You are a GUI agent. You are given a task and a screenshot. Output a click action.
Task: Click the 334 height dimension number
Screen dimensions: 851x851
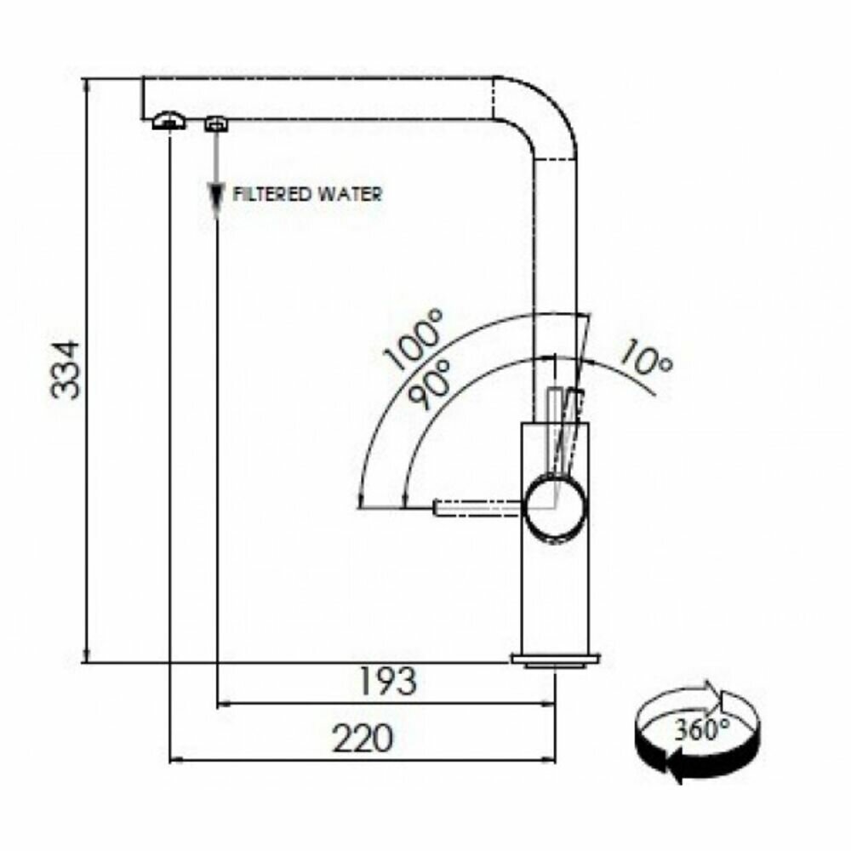tap(66, 369)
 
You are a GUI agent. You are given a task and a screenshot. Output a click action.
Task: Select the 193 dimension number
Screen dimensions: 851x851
tap(389, 681)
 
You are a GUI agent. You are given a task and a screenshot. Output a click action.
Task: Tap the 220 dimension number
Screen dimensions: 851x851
tap(362, 738)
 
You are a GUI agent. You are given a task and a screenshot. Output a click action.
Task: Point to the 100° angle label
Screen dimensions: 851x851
tap(414, 340)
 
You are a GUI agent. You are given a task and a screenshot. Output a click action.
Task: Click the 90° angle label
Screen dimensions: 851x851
tap(431, 384)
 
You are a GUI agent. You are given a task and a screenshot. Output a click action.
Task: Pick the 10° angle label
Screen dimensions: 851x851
tap(644, 357)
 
